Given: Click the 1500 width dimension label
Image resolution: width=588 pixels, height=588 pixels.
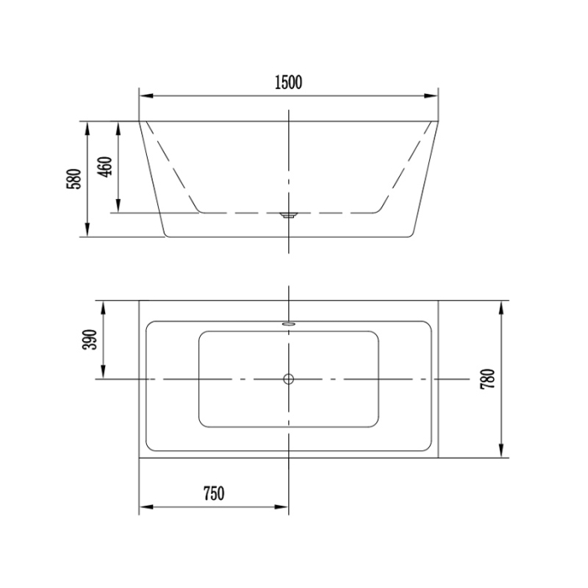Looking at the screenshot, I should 288,81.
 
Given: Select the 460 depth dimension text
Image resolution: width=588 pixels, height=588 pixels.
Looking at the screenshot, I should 104,167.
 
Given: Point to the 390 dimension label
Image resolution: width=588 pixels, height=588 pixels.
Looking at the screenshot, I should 91,339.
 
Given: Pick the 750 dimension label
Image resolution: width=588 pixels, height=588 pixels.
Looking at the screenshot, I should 213,494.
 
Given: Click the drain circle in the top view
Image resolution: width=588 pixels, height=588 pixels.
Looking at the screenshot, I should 288,379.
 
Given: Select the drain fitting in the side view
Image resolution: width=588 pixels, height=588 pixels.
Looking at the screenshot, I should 288,215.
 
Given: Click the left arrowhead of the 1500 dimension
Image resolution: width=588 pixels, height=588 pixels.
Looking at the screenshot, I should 144,96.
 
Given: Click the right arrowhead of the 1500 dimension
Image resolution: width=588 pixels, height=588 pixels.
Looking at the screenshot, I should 433,96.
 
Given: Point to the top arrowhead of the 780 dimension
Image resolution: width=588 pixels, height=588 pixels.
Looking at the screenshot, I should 501,304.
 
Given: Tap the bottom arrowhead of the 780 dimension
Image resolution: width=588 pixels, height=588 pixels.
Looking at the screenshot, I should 501,454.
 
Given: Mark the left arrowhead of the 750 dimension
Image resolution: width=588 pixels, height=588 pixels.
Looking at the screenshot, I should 144,507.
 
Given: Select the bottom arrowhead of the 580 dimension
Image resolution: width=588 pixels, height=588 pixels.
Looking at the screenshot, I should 87,232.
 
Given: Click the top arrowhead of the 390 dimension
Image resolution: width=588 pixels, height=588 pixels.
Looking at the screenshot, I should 103,304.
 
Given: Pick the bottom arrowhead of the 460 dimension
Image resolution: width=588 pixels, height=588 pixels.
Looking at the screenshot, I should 118,207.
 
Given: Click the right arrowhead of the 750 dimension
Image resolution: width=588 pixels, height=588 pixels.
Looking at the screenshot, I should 283,507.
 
